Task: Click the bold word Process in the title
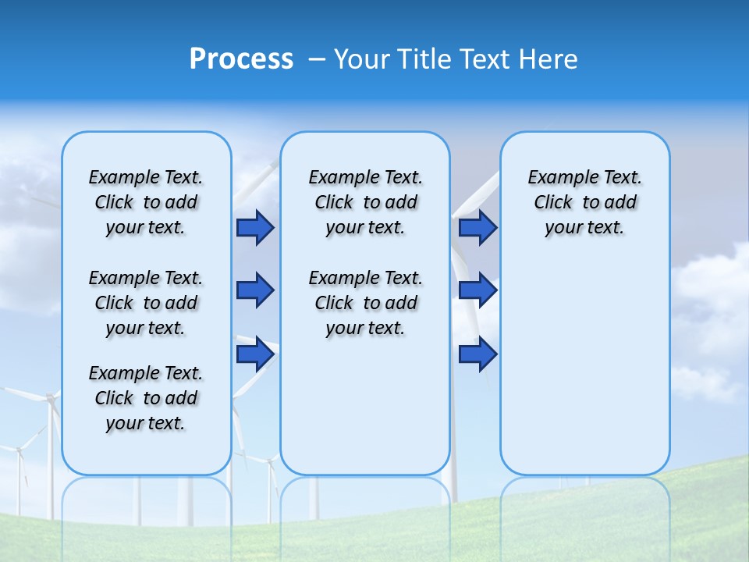[241, 59]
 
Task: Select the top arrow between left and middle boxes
[255, 228]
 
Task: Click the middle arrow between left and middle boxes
[255, 290]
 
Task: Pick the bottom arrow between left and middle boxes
[255, 354]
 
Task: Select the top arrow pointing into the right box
[477, 228]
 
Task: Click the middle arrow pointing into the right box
[477, 290]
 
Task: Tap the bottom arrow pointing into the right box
[477, 354]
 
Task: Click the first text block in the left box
[146, 202]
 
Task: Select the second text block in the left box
[146, 303]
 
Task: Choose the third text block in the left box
[146, 398]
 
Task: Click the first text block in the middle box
[365, 202]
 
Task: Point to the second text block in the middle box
[365, 303]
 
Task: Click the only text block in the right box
[584, 202]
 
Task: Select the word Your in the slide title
[361, 59]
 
